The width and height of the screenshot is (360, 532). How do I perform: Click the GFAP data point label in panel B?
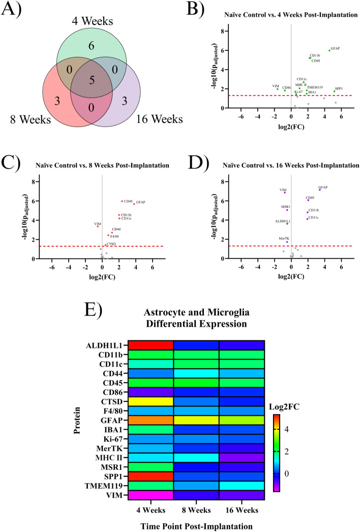point(335,48)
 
